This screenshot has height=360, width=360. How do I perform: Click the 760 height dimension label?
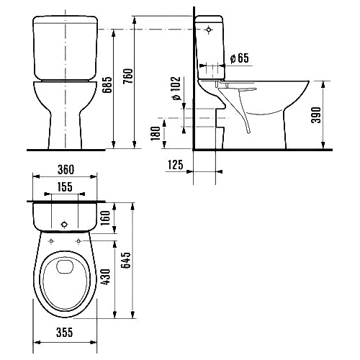pyautogui.click(x=129, y=76)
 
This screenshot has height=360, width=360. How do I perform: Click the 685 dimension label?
pyautogui.click(x=107, y=85)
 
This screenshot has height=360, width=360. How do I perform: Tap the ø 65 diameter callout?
pyautogui.click(x=240, y=58)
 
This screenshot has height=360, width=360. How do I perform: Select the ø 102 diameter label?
pyautogui.click(x=176, y=88)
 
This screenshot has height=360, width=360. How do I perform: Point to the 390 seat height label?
pyautogui.click(x=316, y=115)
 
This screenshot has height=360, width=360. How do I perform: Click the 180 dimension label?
pyautogui.click(x=156, y=133)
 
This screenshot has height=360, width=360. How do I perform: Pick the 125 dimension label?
pyautogui.click(x=175, y=165)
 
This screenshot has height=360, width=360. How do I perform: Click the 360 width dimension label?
pyautogui.click(x=66, y=170)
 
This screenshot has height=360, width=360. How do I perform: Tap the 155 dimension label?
pyautogui.click(x=65, y=187)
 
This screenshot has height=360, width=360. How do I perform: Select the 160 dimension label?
pyautogui.click(x=105, y=217)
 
